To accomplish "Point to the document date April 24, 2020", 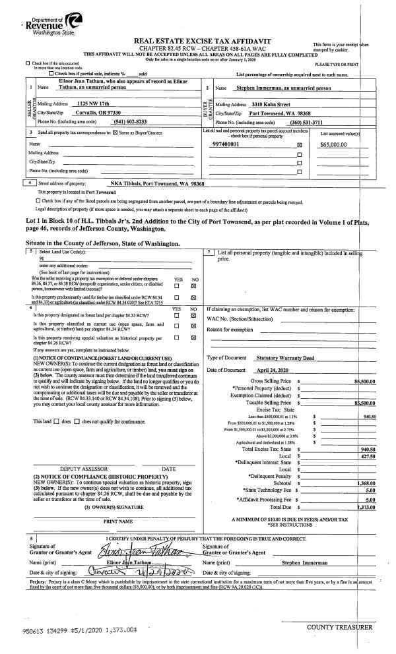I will [273, 371].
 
